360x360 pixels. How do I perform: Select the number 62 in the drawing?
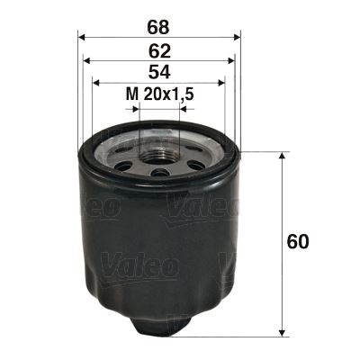coord(160,50)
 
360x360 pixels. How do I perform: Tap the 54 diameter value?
coord(160,72)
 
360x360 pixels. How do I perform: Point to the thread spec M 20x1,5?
coord(160,94)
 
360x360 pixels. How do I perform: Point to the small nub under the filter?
coord(160,323)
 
